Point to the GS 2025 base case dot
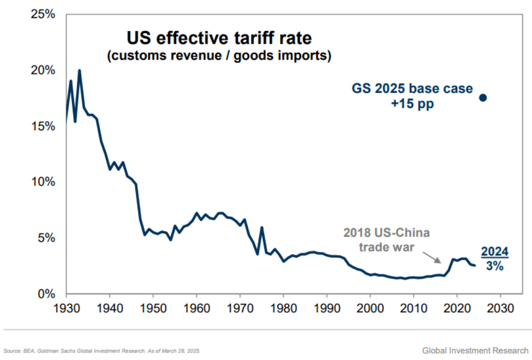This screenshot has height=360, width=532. click(483, 97)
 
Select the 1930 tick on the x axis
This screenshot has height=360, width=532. click(66, 311)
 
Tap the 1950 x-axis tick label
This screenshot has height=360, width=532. click(153, 311)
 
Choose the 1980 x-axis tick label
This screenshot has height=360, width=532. click(283, 311)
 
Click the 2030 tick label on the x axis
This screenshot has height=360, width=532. click(500, 311)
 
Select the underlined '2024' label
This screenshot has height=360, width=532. click(494, 251)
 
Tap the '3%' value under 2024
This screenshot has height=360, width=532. click(494, 266)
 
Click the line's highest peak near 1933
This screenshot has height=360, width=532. click(80, 70)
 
